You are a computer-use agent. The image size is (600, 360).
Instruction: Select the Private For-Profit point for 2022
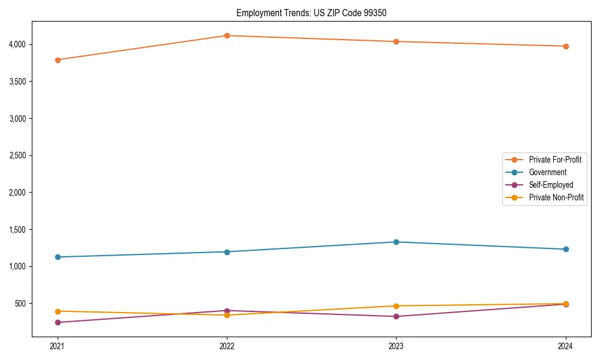[x=227, y=35]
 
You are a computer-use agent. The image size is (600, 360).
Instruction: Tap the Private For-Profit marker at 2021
[x=58, y=60]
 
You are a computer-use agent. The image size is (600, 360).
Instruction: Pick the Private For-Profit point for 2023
[x=396, y=41]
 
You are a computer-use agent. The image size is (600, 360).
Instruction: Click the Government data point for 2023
[x=396, y=242]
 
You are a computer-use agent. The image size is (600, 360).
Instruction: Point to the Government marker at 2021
[x=58, y=257]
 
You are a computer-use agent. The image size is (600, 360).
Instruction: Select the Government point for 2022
[x=227, y=251]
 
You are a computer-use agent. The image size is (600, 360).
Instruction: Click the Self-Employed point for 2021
[x=58, y=322]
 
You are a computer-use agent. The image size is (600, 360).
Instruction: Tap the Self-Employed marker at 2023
[x=396, y=316]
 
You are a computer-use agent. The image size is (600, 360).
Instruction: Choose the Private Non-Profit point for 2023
[x=396, y=306]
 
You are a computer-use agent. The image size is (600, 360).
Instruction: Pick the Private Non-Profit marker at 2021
[x=58, y=311]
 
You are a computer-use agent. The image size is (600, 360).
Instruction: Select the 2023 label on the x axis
[x=396, y=346]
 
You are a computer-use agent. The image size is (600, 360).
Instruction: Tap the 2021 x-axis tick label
[x=58, y=346]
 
